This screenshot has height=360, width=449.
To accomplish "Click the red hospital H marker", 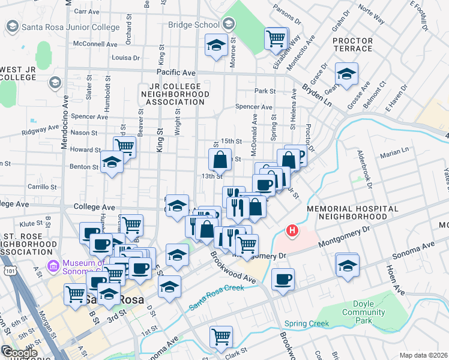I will (x=292, y=230).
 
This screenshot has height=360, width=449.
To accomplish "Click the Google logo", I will (x=20, y=353).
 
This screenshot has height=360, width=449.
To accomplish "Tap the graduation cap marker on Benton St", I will (x=112, y=162).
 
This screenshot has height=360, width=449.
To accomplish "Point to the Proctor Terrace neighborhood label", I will (x=352, y=46).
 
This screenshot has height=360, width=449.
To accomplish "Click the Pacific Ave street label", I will (x=176, y=72).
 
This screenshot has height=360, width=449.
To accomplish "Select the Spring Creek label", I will (x=307, y=324).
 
